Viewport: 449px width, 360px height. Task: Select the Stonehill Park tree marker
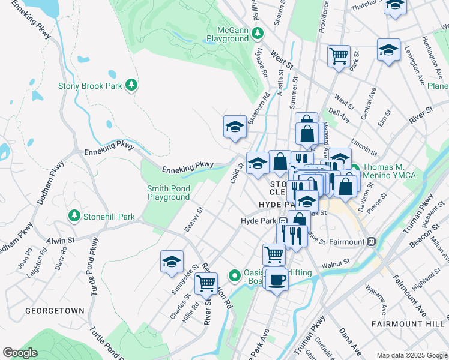coord(74,215)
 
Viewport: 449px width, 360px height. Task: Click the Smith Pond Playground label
coord(169,193)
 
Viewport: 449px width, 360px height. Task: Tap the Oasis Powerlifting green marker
coord(235,276)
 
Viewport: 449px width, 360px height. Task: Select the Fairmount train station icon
coord(372,242)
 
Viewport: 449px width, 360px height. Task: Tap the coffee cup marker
coord(277,279)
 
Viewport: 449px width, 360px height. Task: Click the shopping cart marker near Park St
coord(339,56)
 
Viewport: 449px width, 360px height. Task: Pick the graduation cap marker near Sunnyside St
coord(172,262)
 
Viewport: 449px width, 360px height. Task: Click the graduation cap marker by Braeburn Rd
coord(235,126)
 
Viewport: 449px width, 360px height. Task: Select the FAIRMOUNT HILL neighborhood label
coord(408,323)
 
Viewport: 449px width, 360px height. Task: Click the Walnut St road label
coord(335,263)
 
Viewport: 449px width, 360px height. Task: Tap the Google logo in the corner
coord(20,352)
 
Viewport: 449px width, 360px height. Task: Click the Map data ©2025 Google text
coord(411,355)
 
